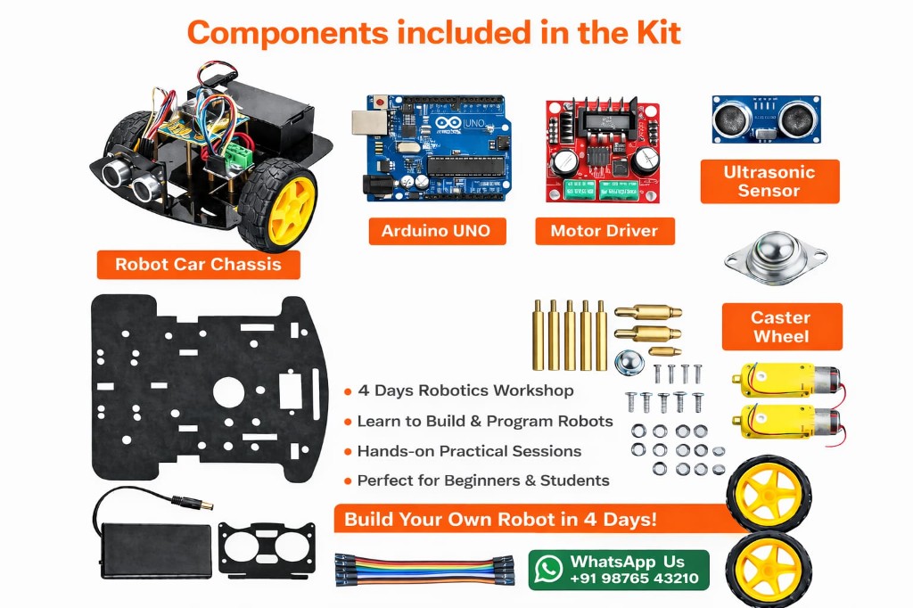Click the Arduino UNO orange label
click(x=436, y=231)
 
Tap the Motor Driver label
click(x=604, y=231)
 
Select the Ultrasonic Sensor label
click(x=769, y=181)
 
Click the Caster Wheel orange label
click(x=780, y=326)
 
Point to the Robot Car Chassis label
click(x=198, y=264)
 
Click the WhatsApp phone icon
click(x=549, y=570)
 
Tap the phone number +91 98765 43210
click(x=634, y=579)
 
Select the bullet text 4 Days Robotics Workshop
click(x=465, y=390)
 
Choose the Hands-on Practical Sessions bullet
click(x=469, y=451)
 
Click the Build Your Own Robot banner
click(x=500, y=519)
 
